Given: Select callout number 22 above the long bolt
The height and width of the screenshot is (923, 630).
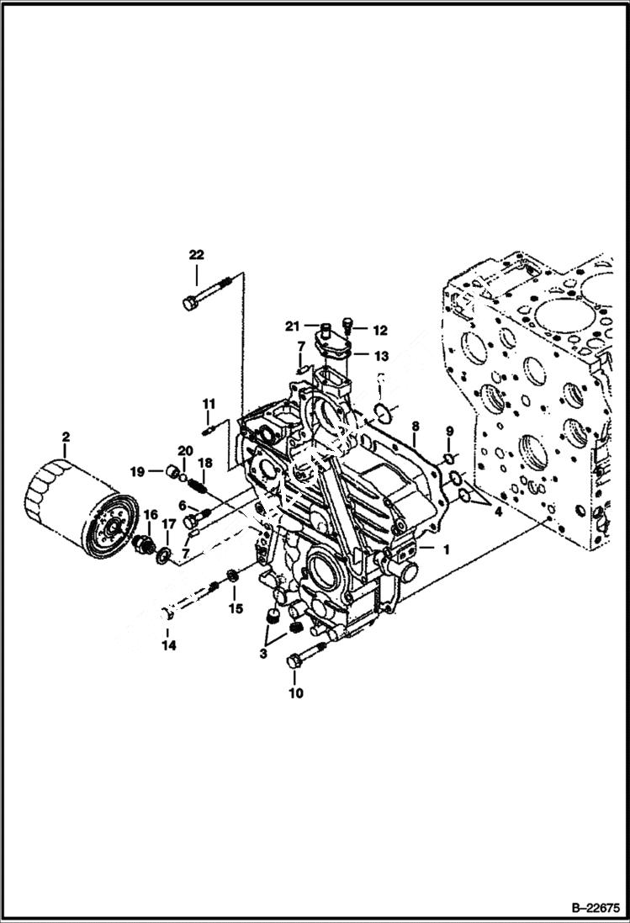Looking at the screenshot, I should point(196,254).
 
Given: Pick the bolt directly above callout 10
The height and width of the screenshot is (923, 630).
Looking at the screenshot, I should point(304,655).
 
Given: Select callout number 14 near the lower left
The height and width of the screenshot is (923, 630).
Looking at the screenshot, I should point(169,645).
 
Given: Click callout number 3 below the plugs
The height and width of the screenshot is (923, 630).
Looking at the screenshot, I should point(264,652).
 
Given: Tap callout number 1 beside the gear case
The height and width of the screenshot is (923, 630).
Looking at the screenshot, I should point(446,549).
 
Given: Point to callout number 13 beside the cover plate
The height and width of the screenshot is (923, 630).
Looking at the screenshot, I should point(381,355).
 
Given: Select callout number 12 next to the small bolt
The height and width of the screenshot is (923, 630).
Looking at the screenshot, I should point(379,330).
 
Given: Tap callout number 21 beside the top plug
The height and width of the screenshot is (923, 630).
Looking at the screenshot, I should point(291,326).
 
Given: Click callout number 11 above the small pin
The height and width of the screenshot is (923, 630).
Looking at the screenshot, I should point(209,405).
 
